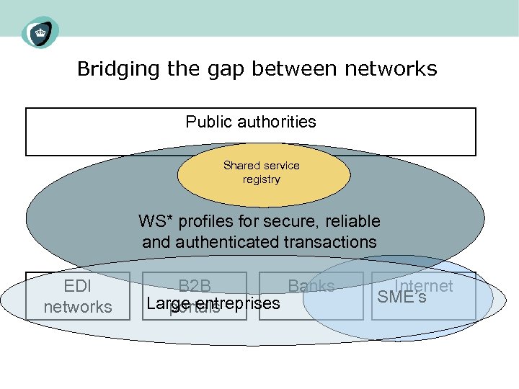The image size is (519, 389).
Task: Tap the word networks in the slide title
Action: click(391, 69)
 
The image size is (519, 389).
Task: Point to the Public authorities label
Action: click(251, 122)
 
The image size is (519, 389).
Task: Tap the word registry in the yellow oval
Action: click(261, 179)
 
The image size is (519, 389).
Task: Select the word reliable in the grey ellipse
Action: click(351, 221)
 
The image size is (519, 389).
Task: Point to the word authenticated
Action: click(230, 242)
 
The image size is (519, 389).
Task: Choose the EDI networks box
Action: click(78, 296)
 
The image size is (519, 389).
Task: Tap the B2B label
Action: click(195, 287)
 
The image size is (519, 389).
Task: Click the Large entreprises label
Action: click(213, 303)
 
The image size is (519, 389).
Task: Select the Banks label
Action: click(311, 286)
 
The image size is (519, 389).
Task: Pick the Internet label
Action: click(423, 285)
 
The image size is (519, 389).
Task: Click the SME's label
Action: click(402, 297)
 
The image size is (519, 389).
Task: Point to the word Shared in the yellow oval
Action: click(241, 166)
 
